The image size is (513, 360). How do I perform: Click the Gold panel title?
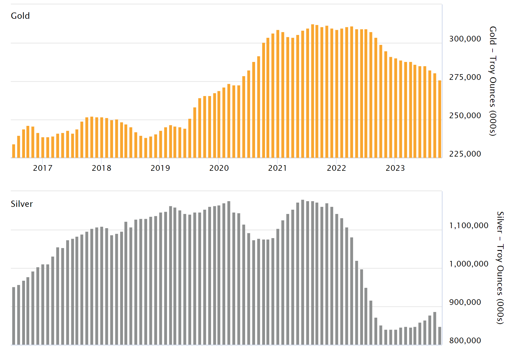pyautogui.click(x=20, y=16)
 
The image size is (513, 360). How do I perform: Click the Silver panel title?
pyautogui.click(x=22, y=204)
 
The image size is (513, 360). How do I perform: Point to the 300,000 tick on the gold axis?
pyautogui.click(x=465, y=39)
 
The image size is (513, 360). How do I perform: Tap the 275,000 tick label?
pyautogui.click(x=465, y=77)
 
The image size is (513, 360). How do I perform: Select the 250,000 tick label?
pyautogui.click(x=465, y=115)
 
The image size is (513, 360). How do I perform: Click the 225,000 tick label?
pyautogui.click(x=465, y=154)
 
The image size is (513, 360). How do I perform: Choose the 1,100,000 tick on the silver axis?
pyautogui.click(x=469, y=225)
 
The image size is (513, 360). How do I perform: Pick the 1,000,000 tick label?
pyautogui.click(x=469, y=264)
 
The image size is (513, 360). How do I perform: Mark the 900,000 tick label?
pyautogui.click(x=465, y=302)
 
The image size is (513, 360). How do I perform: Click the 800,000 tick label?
pyautogui.click(x=465, y=340)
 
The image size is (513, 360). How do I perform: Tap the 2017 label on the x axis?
pyautogui.click(x=43, y=168)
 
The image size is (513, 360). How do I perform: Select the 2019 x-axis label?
pyautogui.click(x=160, y=168)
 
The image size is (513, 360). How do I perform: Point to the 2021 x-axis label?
pyautogui.click(x=278, y=168)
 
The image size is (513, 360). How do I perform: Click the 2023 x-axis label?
pyautogui.click(x=395, y=168)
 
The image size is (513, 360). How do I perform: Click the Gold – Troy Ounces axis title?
pyautogui.click(x=493, y=81)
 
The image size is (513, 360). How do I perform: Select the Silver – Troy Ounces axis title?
pyautogui.click(x=500, y=267)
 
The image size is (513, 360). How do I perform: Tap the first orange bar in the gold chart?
pyautogui.click(x=14, y=151)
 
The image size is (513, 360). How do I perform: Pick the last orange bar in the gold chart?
pyautogui.click(x=440, y=119)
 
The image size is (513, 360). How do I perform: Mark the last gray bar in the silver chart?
pyautogui.click(x=440, y=336)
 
